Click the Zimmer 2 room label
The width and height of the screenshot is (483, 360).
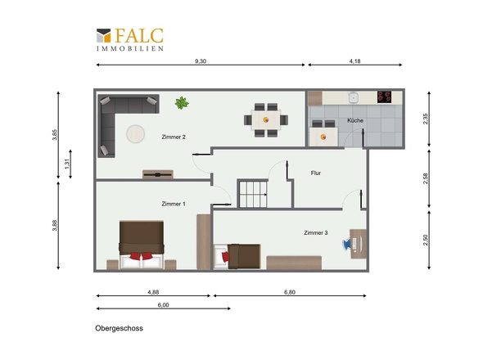tap(174, 137)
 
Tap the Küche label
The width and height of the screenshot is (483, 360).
tap(355, 120)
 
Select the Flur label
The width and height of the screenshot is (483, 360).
tap(316, 173)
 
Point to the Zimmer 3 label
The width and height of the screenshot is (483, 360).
tap(316, 233)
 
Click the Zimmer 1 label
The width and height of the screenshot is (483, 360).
tap(174, 204)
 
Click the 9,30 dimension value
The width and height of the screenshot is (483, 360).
tap(201, 61)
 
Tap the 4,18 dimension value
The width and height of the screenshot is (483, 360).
tap(354, 61)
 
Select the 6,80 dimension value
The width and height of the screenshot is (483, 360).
tap(290, 292)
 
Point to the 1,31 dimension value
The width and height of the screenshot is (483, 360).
tap(67, 164)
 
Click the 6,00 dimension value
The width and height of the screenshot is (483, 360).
tap(163, 305)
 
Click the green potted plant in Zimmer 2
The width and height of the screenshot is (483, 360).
tap(182, 103)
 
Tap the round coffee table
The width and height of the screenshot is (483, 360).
tap(136, 134)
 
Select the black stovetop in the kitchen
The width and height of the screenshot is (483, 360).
tap(385, 97)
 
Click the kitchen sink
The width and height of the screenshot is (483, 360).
tap(354, 97)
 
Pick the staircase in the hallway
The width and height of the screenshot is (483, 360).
tap(253, 194)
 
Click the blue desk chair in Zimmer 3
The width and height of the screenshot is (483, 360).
tap(346, 245)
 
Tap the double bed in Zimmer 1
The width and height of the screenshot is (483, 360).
tap(142, 245)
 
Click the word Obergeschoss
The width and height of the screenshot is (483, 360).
tap(119, 328)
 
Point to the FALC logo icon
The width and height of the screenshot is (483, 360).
tap(103, 35)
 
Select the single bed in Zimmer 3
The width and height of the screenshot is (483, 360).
tap(237, 257)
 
